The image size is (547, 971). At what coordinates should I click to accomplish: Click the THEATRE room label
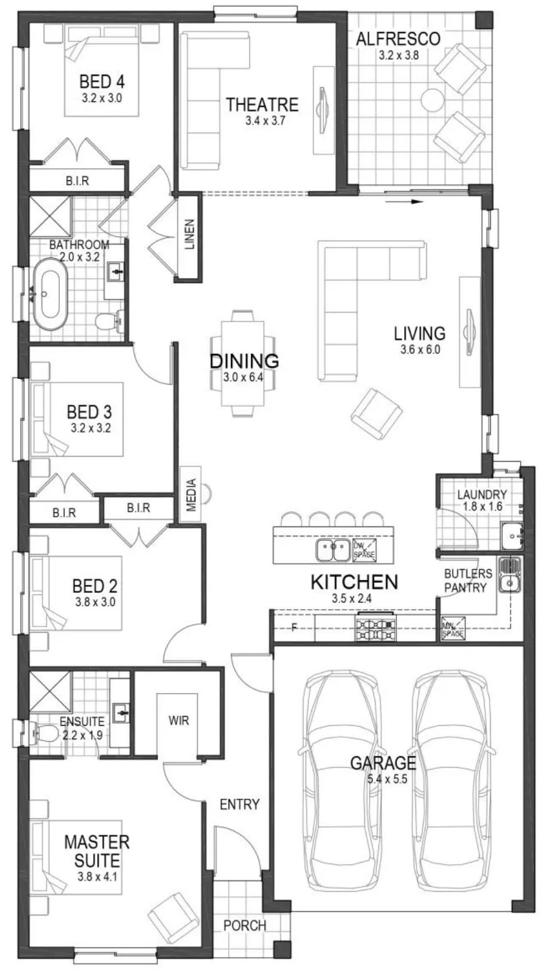[x=262, y=105]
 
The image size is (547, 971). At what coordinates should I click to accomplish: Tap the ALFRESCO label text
[x=398, y=38]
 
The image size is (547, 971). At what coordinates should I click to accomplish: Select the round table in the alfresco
[x=433, y=100]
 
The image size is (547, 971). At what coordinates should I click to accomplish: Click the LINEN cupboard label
[x=190, y=234]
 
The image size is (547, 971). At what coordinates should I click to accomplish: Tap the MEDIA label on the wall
[x=192, y=494]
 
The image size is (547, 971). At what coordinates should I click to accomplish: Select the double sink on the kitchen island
[x=333, y=550]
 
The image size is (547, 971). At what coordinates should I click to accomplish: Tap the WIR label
[x=179, y=721]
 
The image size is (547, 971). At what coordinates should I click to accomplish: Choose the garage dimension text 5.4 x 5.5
[x=387, y=779]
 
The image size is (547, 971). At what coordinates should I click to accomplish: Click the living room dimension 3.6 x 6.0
[x=420, y=349]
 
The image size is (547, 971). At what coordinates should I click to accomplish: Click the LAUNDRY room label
[x=482, y=494]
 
